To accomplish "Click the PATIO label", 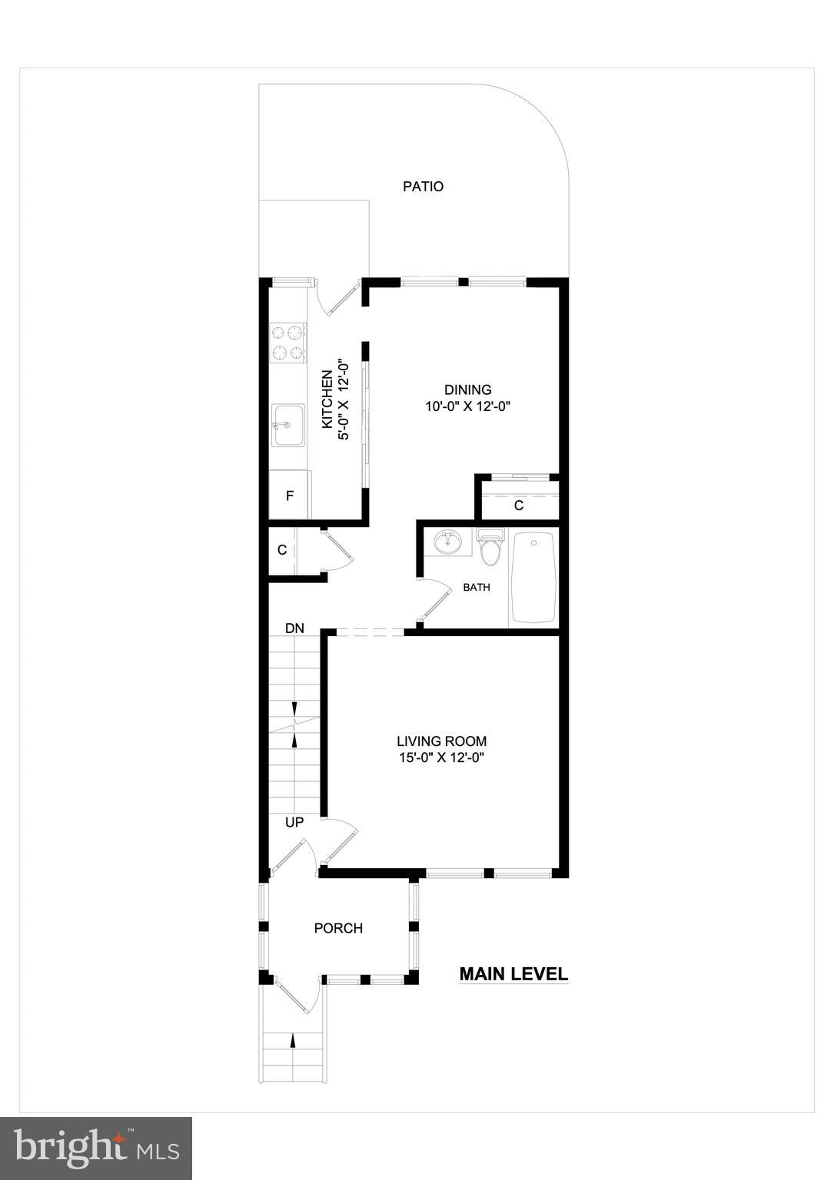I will [x=424, y=187].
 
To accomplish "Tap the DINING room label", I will [x=467, y=390].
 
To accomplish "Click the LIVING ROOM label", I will [x=441, y=741].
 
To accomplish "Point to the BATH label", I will [x=477, y=588].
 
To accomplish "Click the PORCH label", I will [x=338, y=928].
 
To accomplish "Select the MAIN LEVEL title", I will [x=513, y=974].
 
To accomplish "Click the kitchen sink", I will [x=287, y=425].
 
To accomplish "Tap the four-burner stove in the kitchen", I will [x=287, y=343].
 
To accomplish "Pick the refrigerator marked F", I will [x=290, y=496].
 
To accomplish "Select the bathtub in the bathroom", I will [x=534, y=578].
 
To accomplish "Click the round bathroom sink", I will [x=446, y=542].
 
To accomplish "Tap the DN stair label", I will [x=294, y=628].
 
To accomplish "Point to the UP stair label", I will [x=294, y=822].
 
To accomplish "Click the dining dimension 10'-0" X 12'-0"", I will [x=467, y=406].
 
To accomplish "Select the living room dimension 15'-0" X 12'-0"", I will [x=441, y=757].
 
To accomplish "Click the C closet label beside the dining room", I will [x=519, y=505].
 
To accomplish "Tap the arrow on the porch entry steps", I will [x=292, y=1041].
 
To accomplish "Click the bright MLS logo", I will [x=96, y=1148].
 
